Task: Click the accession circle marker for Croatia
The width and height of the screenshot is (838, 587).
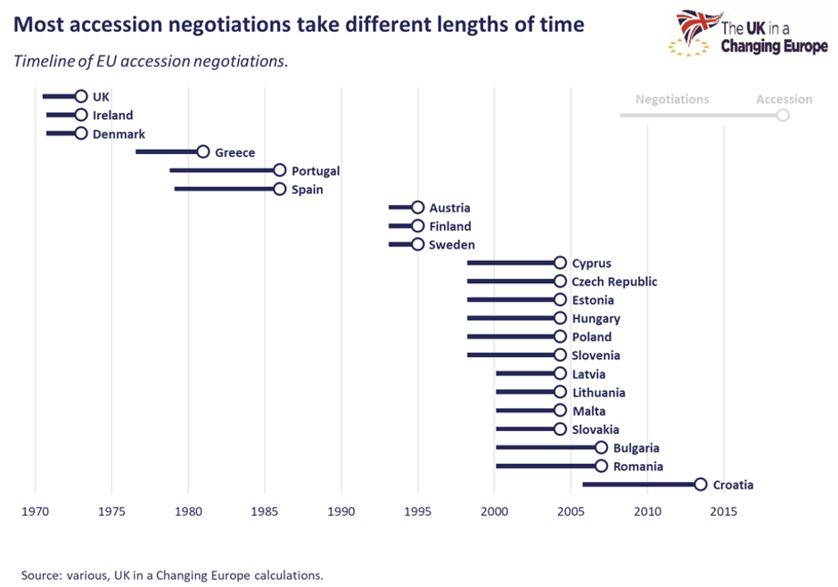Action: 701,485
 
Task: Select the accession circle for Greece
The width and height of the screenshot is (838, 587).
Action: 203,152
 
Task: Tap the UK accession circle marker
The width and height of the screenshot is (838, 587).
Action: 81,96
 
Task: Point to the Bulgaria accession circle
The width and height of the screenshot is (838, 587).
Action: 601,448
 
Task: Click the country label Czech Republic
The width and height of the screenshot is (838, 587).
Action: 614,281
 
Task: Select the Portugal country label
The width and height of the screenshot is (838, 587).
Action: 316,171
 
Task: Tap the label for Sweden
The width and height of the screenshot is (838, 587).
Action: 452,245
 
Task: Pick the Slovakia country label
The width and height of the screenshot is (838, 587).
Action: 596,429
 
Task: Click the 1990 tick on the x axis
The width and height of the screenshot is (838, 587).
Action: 341,511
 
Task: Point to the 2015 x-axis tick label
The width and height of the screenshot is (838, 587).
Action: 724,511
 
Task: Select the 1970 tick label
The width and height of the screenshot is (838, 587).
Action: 35,511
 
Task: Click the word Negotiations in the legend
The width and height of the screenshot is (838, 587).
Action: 672,99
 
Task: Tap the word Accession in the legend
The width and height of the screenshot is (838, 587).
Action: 784,99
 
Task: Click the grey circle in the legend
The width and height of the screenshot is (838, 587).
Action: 783,116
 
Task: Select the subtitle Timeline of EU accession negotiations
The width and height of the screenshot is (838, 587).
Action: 151,61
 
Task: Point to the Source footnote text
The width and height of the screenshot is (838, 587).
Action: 172,575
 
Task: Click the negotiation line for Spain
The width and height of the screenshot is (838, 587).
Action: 223,189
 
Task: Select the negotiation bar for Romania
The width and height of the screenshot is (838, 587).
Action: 544,466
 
